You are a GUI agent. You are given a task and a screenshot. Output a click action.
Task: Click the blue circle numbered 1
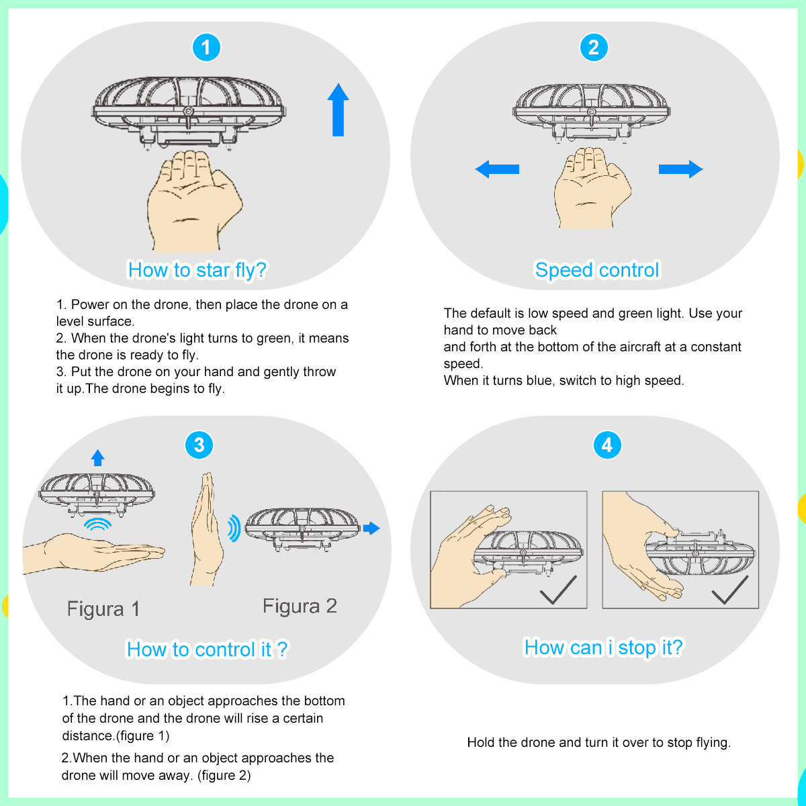click(206, 48)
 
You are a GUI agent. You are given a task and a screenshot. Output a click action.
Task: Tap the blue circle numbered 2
click(594, 48)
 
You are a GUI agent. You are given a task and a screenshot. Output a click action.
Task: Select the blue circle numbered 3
click(199, 445)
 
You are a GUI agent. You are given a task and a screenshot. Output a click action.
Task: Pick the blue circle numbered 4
click(607, 445)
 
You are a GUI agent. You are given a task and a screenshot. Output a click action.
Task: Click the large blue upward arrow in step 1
click(338, 110)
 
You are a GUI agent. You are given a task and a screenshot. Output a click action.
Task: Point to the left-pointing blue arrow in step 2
click(497, 169)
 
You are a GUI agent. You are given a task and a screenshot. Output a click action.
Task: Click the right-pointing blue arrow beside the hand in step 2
click(680, 169)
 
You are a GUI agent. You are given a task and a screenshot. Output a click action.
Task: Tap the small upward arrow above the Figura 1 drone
click(98, 458)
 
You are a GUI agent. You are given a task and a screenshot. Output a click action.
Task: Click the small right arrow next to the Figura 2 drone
click(371, 528)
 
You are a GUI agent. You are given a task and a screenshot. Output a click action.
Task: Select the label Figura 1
click(103, 609)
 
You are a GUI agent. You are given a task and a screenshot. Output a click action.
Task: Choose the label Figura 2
click(300, 606)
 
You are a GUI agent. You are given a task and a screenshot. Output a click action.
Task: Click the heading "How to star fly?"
click(197, 270)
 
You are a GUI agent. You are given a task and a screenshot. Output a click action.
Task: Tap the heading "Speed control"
click(597, 270)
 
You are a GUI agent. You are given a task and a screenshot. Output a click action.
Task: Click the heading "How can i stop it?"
click(603, 647)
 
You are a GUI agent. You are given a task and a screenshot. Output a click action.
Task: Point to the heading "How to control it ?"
click(207, 650)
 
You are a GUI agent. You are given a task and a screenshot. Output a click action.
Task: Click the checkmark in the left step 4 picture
click(558, 590)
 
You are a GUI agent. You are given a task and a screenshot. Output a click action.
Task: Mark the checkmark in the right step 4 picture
click(729, 590)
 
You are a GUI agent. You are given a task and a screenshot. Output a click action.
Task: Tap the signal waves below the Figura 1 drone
click(98, 524)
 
